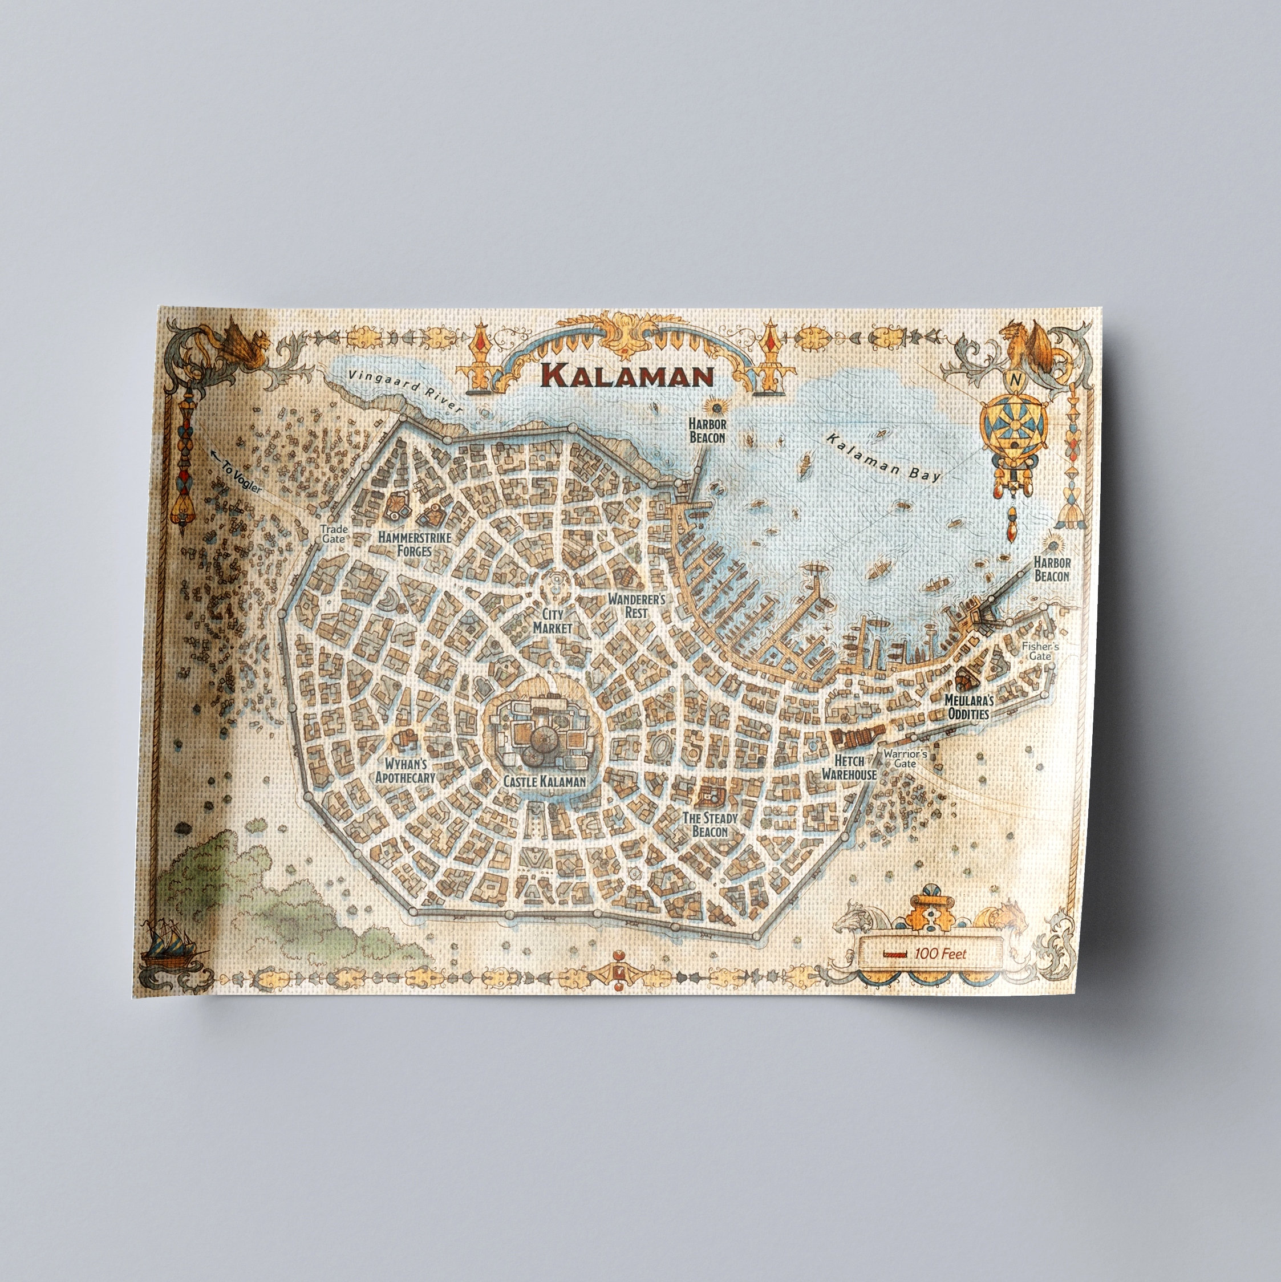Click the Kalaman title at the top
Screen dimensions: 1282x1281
point(627,376)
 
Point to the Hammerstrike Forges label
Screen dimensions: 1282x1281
point(414,543)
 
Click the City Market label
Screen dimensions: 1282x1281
point(552,620)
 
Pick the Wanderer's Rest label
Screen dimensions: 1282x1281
point(637,605)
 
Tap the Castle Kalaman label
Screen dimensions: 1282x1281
point(544,781)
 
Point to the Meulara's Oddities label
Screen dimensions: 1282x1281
point(968,707)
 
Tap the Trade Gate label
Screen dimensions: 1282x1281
point(333,534)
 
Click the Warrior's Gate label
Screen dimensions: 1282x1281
point(905,758)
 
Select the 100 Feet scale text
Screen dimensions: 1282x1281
point(940,954)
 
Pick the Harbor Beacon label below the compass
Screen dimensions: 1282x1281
point(1052,569)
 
